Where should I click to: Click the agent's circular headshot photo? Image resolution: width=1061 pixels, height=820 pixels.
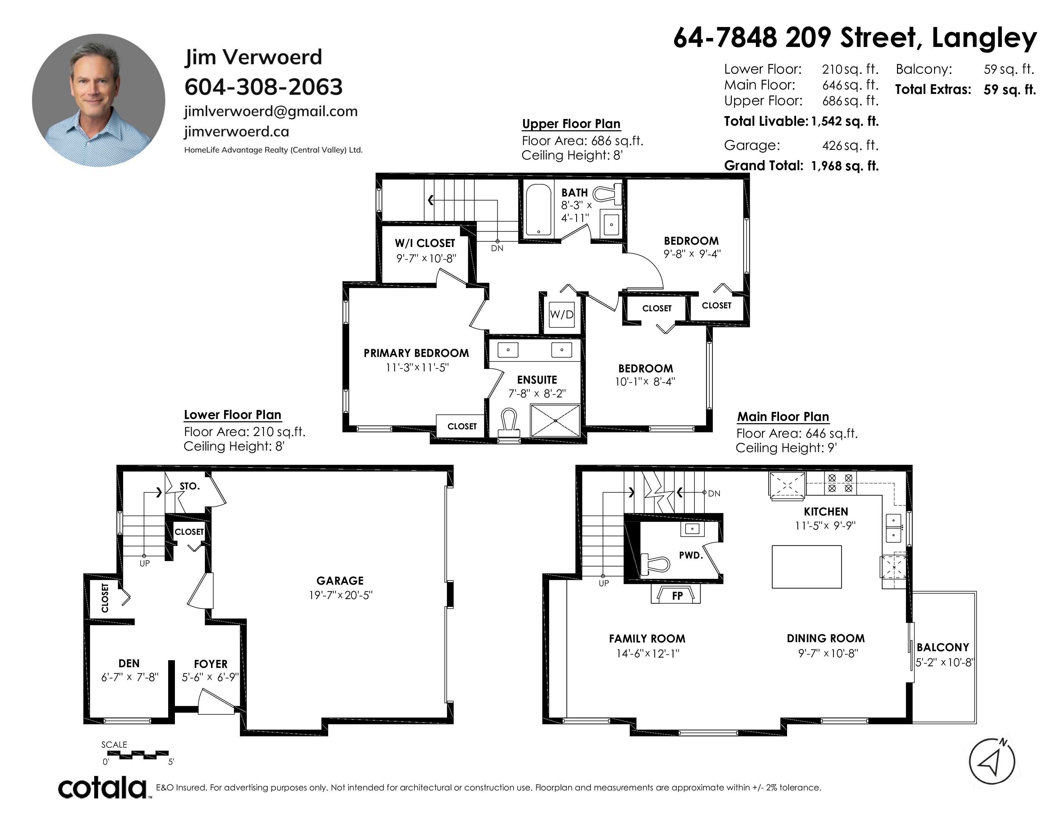[x=99, y=100]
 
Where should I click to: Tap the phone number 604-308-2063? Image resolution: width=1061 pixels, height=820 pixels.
[x=264, y=87]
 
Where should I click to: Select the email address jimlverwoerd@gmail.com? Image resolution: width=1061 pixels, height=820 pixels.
[x=271, y=112]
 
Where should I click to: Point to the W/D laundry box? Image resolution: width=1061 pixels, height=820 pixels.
[x=562, y=314]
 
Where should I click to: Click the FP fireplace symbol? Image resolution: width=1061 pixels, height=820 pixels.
[x=676, y=594]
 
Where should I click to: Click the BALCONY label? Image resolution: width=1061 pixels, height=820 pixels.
[x=943, y=648]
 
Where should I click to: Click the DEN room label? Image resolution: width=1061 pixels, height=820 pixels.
[x=129, y=664]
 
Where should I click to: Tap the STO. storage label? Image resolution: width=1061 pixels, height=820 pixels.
[x=189, y=486]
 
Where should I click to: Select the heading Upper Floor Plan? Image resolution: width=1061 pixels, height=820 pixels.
[x=571, y=124]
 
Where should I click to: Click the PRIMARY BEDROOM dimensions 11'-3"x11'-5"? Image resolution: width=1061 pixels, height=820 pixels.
[x=417, y=368]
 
